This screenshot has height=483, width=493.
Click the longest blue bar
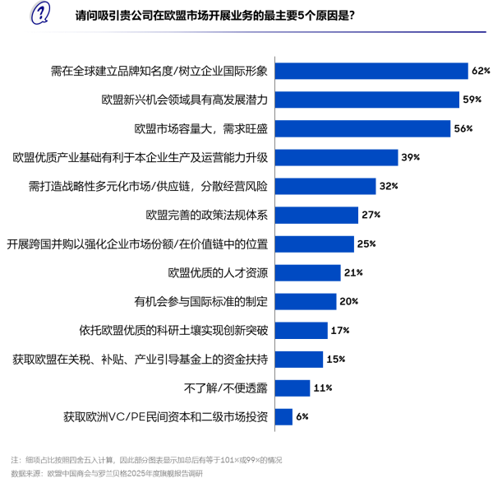(371, 71)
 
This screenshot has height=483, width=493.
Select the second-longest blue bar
(367, 100)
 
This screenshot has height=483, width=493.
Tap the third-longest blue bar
(362, 128)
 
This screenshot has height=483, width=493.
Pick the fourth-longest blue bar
(336, 157)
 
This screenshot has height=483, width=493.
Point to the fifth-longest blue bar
(325, 186)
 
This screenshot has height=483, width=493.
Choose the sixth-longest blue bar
(316, 215)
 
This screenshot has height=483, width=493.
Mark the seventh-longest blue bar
(315, 244)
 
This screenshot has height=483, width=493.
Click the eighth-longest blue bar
(308, 273)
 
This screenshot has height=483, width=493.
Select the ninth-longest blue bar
(306, 302)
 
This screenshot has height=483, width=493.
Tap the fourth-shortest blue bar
(302, 331)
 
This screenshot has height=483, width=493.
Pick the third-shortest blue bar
(299, 360)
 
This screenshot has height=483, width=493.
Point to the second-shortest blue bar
(293, 388)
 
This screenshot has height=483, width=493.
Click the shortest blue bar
(283, 417)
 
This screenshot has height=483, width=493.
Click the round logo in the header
(39, 13)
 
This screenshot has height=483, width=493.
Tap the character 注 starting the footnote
(14, 460)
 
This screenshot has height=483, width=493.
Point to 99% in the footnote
(253, 460)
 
